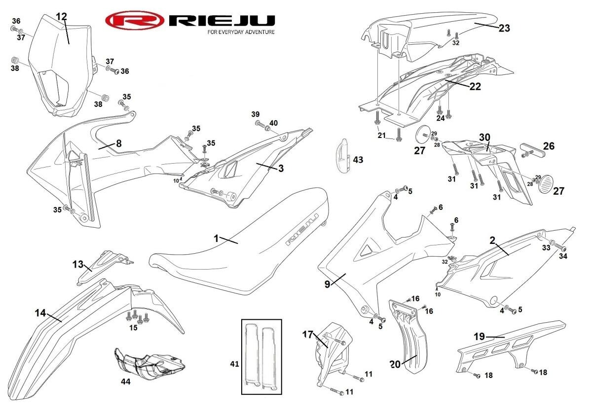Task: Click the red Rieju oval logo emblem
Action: pos(134,21)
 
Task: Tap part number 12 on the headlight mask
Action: pos(61,17)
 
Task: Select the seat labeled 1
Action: pos(237,246)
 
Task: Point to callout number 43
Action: pos(358,160)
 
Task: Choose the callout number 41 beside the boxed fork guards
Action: pos(234,364)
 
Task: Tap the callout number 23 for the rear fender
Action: pos(504,28)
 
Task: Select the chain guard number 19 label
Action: pos(480,337)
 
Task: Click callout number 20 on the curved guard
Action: pos(395,365)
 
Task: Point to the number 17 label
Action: pos(308,334)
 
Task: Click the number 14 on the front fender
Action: pos(40,312)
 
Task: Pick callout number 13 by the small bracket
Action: pos(78,264)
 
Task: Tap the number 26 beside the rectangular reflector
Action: pos(549,146)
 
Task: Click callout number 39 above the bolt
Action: pos(256,114)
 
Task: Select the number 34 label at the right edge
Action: pos(563,257)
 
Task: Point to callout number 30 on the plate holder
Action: pos(484,137)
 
